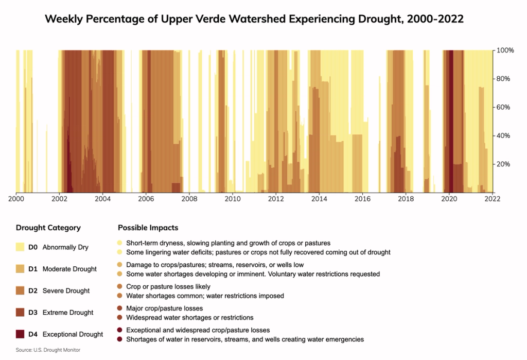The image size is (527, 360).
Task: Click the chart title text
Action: pos(254,19)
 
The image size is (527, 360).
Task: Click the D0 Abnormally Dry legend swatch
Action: pos(20,247)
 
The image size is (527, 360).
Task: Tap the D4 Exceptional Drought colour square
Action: pos(20,334)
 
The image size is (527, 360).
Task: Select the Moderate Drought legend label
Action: pos(69,269)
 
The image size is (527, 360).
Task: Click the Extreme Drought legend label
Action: pos(68,313)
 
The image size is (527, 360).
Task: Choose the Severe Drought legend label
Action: pos(66,291)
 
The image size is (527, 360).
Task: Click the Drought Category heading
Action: pos(48,228)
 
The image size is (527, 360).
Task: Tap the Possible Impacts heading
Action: pos(148,228)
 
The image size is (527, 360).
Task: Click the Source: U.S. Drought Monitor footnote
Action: pos(48,350)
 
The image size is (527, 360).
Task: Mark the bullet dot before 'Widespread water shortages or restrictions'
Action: pos(120,318)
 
